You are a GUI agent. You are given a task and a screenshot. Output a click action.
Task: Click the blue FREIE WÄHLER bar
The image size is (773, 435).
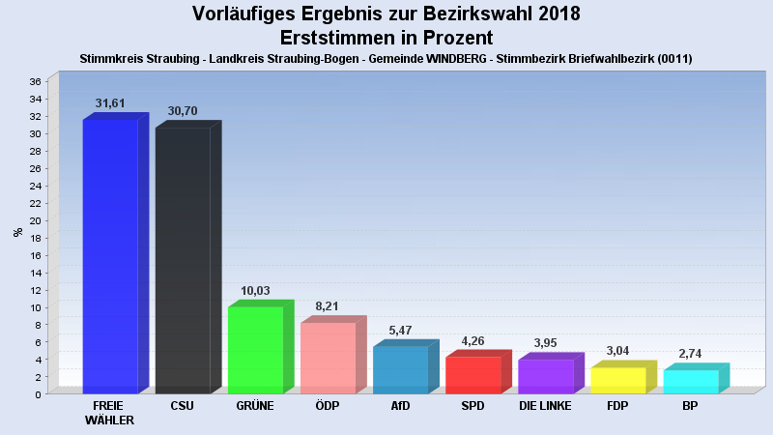[x=110, y=256]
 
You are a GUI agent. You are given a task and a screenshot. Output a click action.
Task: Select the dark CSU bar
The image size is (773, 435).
[x=183, y=260]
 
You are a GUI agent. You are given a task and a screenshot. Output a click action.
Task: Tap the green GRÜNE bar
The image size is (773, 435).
[x=255, y=350]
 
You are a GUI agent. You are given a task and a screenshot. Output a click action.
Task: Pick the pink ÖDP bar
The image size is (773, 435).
[x=328, y=358]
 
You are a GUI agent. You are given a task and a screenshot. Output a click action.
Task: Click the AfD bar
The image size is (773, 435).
[x=400, y=369]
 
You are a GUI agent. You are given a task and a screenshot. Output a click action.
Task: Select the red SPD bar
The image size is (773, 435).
[x=472, y=375]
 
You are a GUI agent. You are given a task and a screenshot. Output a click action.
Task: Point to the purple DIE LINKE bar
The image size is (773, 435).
[x=545, y=376]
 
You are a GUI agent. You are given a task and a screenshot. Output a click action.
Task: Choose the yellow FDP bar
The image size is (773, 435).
[x=617, y=380]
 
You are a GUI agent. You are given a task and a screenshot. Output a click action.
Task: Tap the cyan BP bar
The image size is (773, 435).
[x=690, y=381]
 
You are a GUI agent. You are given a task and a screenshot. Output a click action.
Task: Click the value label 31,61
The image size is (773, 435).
[x=110, y=102]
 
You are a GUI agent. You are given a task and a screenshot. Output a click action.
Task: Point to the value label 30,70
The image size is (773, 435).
[x=183, y=111]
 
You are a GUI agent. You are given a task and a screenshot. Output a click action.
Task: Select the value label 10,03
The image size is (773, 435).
[x=255, y=291]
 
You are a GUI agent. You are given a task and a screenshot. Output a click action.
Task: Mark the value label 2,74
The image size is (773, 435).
[x=690, y=354]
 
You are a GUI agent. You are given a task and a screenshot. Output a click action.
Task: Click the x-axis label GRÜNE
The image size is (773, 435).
[x=255, y=406]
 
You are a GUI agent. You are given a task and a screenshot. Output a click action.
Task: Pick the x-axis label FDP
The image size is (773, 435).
[x=617, y=406]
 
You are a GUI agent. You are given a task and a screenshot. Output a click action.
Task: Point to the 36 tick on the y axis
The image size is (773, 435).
[x=34, y=81]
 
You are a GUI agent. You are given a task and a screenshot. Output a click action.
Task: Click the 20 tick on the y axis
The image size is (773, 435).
[x=34, y=220]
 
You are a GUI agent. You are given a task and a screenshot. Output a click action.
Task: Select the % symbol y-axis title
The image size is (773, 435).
[x=17, y=232]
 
